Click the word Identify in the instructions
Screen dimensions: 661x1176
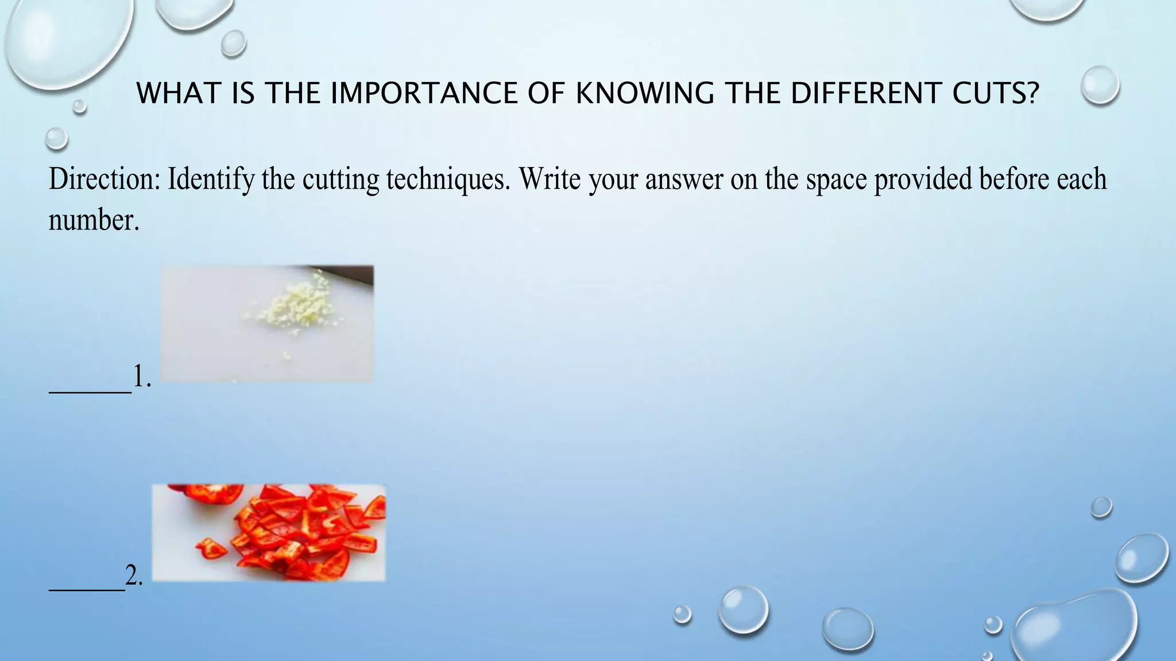click(211, 179)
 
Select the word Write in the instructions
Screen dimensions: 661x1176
click(550, 179)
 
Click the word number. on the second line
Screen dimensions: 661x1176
click(94, 220)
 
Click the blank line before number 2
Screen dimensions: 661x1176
click(87, 589)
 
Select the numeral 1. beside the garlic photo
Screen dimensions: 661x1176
click(142, 377)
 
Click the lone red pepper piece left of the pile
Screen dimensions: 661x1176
click(211, 549)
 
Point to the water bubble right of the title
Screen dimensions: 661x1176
click(1100, 85)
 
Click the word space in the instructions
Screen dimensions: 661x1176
click(836, 179)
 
